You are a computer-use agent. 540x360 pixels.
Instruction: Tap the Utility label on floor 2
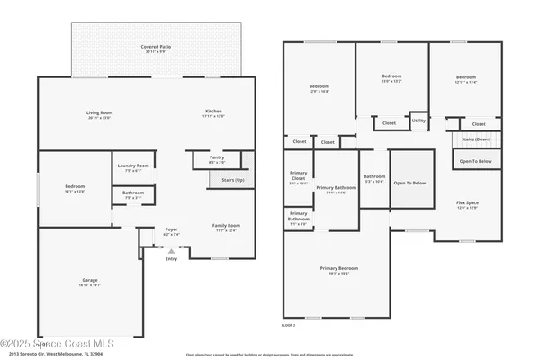(418, 120)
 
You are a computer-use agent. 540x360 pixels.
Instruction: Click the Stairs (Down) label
(476, 139)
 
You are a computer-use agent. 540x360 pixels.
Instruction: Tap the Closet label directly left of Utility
(389, 123)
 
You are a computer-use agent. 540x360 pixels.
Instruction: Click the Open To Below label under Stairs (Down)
(476, 161)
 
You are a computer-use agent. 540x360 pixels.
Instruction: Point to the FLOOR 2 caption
(289, 324)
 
